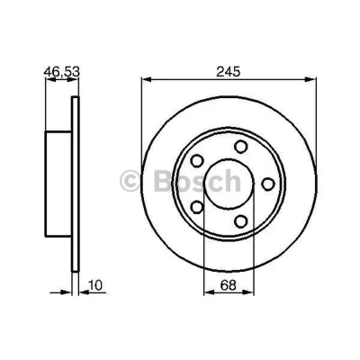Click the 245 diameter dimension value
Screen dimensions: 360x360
coord(229,72)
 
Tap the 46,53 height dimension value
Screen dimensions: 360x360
coord(62,72)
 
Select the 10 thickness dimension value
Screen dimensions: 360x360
coord(95,285)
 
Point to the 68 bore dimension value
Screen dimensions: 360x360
coord(229,285)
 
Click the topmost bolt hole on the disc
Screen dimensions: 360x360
coord(241,147)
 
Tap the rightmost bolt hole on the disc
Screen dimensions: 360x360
coord(268,184)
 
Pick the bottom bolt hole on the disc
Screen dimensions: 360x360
coord(241,221)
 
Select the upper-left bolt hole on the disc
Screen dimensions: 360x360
coord(197,161)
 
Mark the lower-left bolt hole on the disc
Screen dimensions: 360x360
coord(197,207)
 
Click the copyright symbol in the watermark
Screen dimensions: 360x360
coord(130,182)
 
